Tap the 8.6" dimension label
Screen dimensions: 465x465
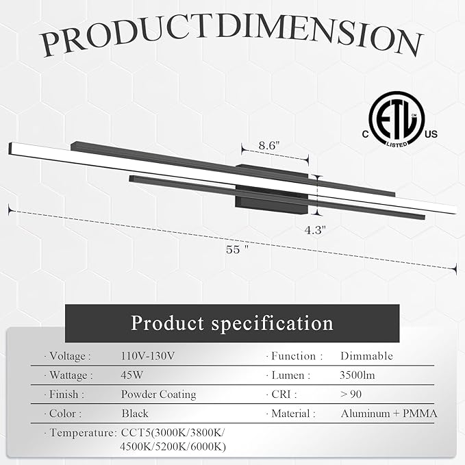point(269,145)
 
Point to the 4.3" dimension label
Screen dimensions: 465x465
point(315,230)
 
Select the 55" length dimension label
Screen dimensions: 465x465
point(237,249)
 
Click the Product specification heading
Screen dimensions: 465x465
point(232,323)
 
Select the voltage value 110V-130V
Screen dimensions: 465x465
point(148,356)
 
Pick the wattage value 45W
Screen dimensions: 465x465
point(131,375)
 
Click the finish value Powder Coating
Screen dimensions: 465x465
point(158,394)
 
